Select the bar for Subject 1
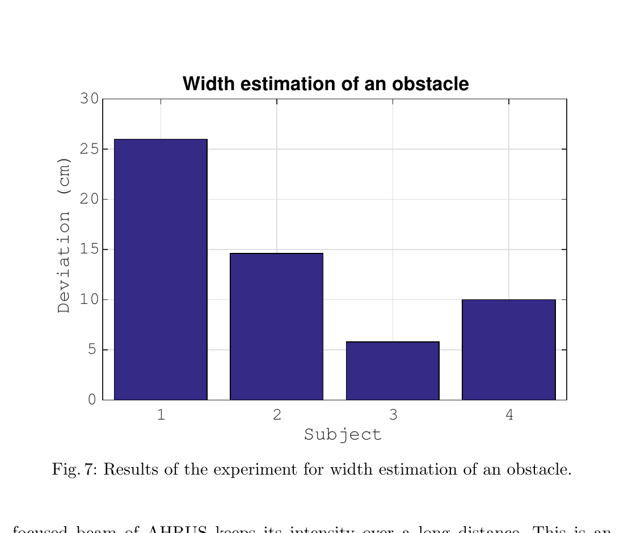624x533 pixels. pyautogui.click(x=161, y=269)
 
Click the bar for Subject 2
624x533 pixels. pyautogui.click(x=276, y=326)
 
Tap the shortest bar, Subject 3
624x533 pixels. pyautogui.click(x=393, y=371)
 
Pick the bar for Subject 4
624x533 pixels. pyautogui.click(x=508, y=349)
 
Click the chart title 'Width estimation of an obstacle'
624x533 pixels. pyautogui.click(x=326, y=84)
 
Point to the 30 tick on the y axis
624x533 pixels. pyautogui.click(x=89, y=99)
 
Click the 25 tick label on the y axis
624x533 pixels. pyautogui.click(x=89, y=149)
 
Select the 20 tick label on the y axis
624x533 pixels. pyautogui.click(x=89, y=199)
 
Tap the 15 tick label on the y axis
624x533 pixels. pyautogui.click(x=89, y=249)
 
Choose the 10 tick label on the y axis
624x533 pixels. pyautogui.click(x=89, y=299)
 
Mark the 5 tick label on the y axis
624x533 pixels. pyautogui.click(x=92, y=350)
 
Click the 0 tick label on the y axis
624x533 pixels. pyautogui.click(x=92, y=400)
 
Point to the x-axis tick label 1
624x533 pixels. pyautogui.click(x=161, y=415)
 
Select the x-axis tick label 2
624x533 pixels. pyautogui.click(x=277, y=415)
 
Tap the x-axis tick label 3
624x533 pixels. pyautogui.click(x=393, y=415)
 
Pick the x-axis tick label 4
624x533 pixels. pyautogui.click(x=509, y=415)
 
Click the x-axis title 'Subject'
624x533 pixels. pyautogui.click(x=343, y=435)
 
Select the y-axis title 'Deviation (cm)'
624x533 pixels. pyautogui.click(x=65, y=235)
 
